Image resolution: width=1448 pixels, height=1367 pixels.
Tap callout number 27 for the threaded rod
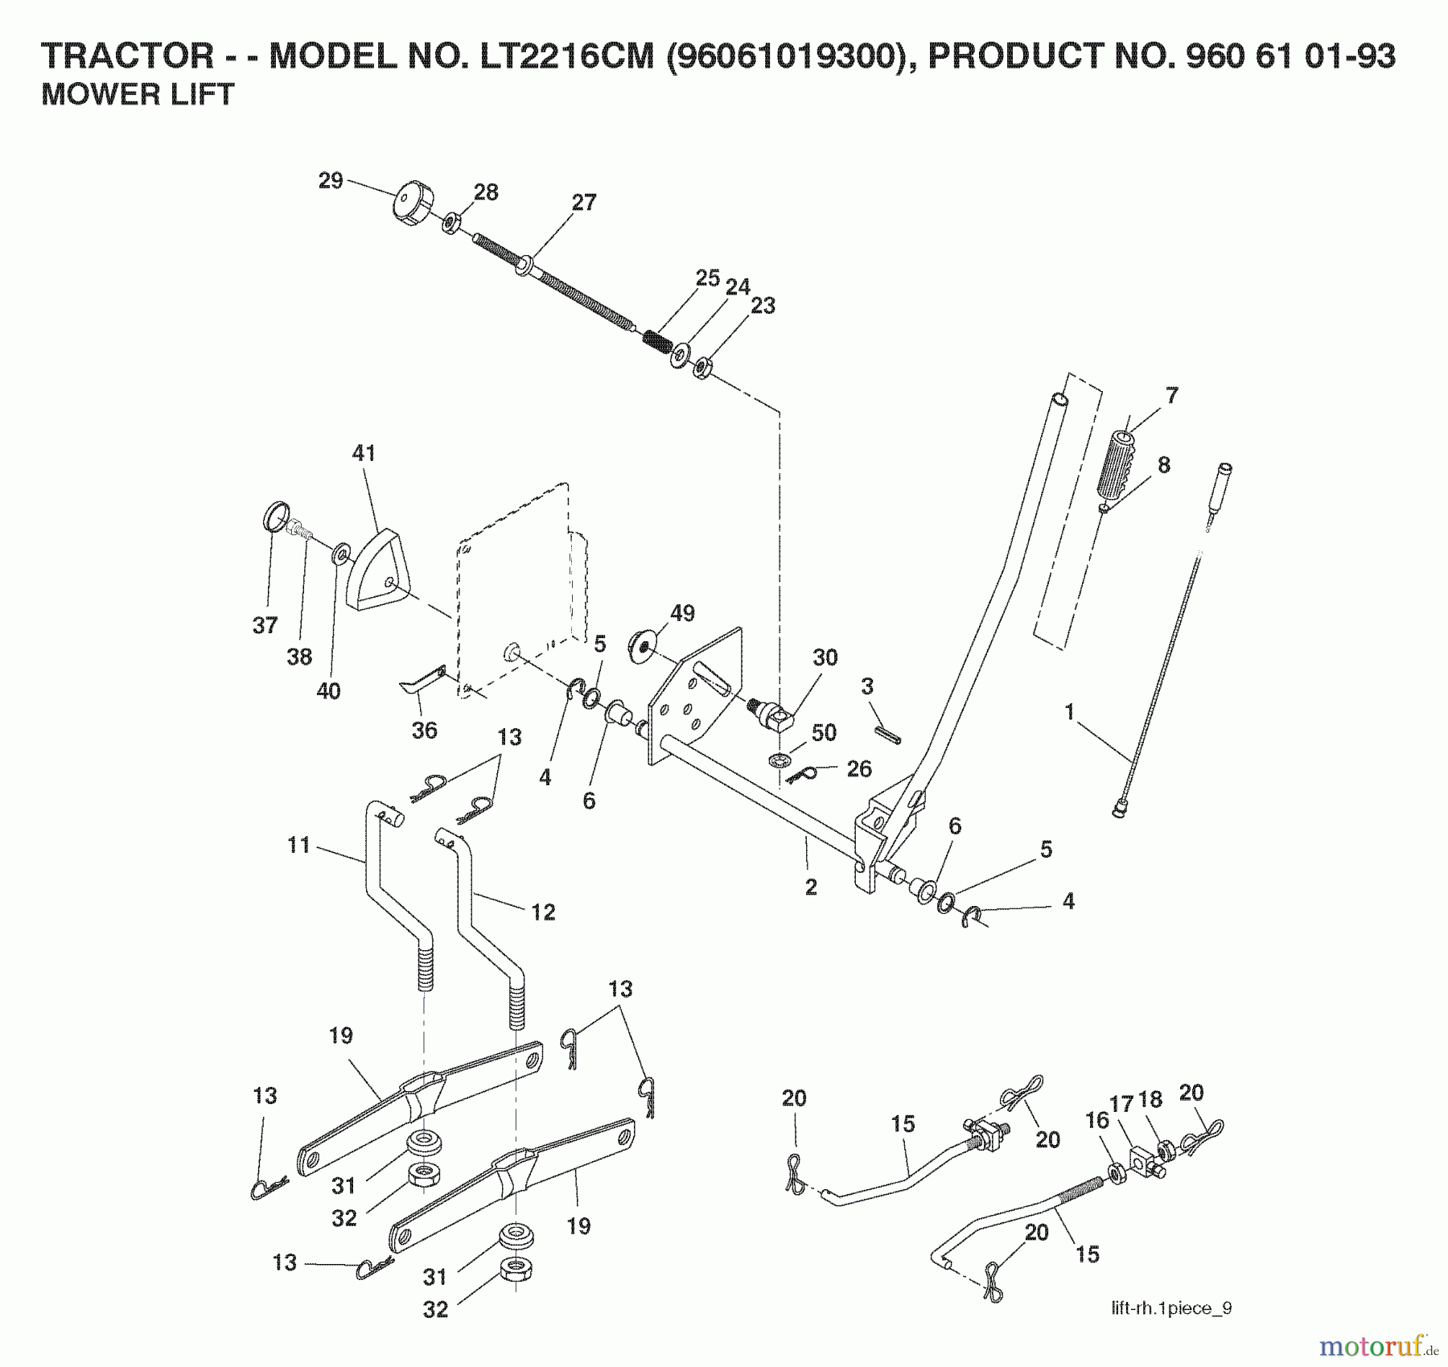[x=584, y=203]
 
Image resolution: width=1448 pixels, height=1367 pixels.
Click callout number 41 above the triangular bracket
[x=364, y=453]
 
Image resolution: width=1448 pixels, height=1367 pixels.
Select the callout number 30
[x=825, y=657]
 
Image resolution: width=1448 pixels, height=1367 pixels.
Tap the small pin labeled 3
[x=889, y=735]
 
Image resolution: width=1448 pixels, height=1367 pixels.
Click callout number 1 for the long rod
[x=1069, y=712]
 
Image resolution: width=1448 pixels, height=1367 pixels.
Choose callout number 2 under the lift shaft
[x=811, y=887]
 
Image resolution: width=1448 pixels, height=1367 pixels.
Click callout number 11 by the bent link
[x=298, y=846]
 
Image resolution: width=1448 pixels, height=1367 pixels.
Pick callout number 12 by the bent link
[x=543, y=912]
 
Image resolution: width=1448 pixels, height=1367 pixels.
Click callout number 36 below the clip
[x=424, y=730]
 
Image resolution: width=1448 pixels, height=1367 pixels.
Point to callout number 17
[x=1121, y=1105]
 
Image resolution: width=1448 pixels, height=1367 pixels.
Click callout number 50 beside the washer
[x=824, y=733]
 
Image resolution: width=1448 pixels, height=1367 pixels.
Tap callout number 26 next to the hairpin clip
[x=858, y=768]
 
